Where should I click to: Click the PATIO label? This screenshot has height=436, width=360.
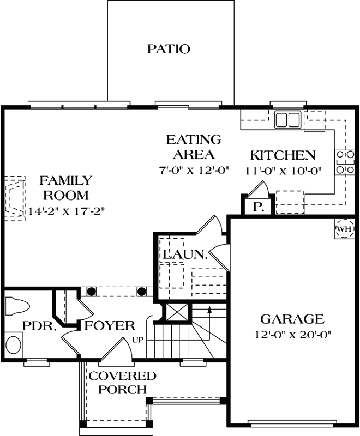pyautogui.click(x=169, y=49)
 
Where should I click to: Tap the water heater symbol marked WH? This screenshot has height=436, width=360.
pyautogui.click(x=344, y=229)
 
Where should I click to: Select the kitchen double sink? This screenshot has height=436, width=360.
pyautogui.click(x=288, y=119)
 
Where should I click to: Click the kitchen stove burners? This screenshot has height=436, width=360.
pyautogui.click(x=345, y=162)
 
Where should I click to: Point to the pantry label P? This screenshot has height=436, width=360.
pyautogui.click(x=256, y=208)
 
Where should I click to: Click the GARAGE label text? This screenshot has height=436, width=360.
pyautogui.click(x=292, y=319)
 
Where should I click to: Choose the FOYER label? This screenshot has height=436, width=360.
pyautogui.click(x=110, y=326)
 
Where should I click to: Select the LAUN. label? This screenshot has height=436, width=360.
pyautogui.click(x=184, y=253)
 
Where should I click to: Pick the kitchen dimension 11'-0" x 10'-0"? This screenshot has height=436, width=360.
pyautogui.click(x=282, y=169)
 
